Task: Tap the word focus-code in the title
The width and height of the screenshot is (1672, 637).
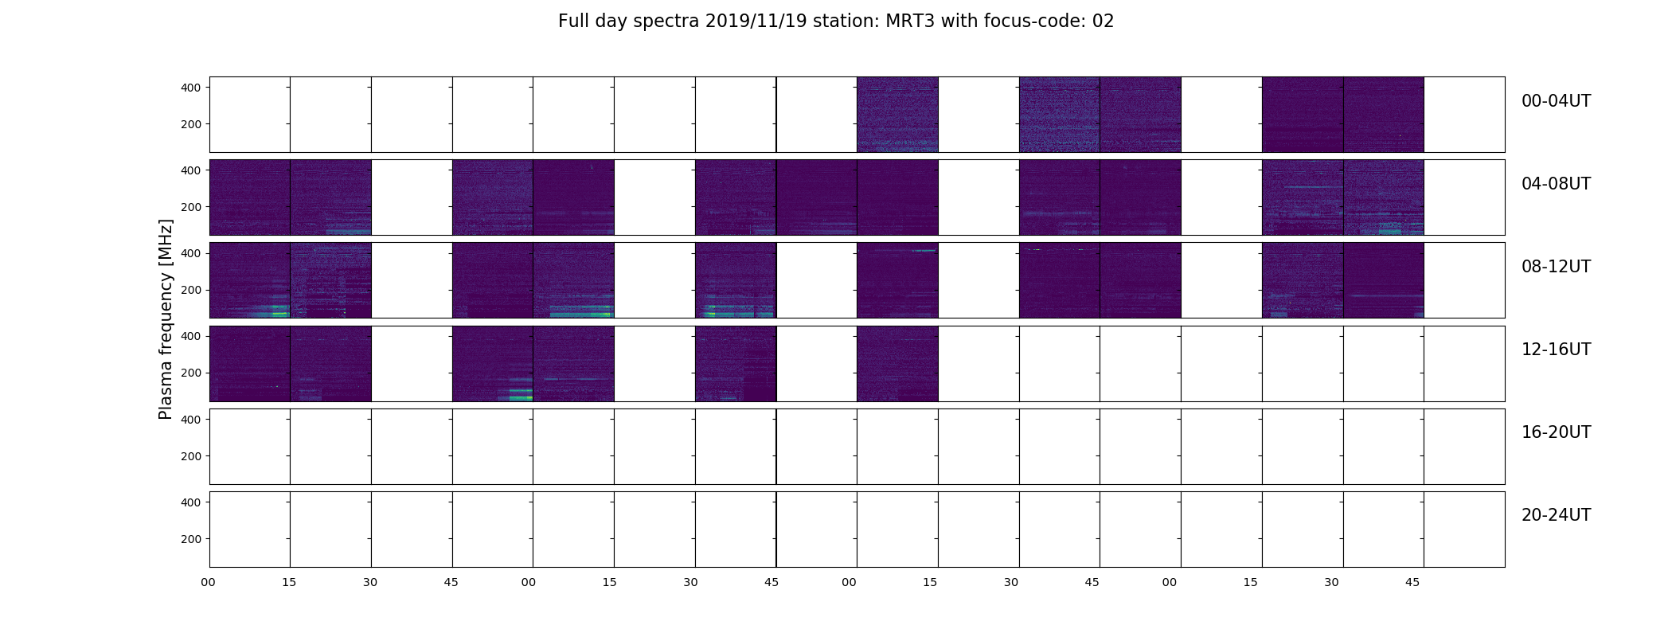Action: (1035, 21)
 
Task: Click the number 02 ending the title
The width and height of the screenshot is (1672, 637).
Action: (1103, 21)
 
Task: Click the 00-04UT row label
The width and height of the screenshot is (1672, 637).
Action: (1556, 101)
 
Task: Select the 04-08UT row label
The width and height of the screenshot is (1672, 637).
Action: (1556, 184)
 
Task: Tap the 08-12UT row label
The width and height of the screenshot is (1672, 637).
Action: (1556, 267)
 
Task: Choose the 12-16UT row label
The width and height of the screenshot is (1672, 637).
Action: (1556, 350)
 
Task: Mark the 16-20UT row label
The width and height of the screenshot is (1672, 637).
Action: (1556, 432)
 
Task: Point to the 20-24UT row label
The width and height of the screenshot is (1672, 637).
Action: (1556, 515)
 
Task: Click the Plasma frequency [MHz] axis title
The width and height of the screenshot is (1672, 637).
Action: (166, 319)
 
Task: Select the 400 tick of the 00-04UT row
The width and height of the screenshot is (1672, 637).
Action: (191, 88)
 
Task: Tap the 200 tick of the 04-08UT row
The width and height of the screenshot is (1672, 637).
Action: (191, 207)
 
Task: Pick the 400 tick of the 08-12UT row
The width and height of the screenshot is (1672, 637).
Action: (191, 253)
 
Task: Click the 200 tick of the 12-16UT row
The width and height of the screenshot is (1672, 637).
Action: (191, 373)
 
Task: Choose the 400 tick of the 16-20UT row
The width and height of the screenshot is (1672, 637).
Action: (191, 419)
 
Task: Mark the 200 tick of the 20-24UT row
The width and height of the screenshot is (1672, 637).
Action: (191, 539)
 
